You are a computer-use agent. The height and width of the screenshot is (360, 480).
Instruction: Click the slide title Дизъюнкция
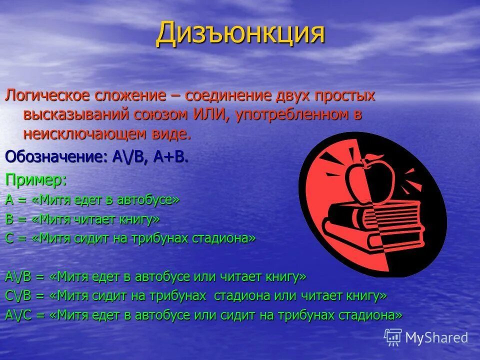pos(240,33)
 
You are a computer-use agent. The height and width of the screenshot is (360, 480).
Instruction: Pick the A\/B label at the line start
pos(19,276)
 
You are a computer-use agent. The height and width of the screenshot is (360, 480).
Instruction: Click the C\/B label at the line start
pos(19,295)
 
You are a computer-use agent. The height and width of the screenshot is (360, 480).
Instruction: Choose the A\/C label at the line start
pos(19,315)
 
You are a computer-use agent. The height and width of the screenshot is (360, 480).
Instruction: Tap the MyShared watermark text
pos(436,337)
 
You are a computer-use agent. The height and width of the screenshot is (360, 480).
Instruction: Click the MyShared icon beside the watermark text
pos(393,337)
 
